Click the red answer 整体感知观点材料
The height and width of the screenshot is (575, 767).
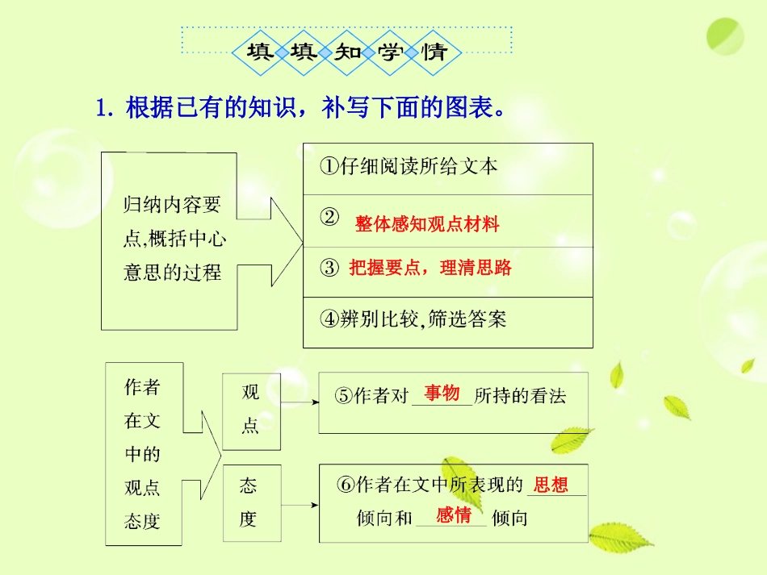coord(427,224)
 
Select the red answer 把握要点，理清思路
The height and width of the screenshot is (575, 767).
coord(430,268)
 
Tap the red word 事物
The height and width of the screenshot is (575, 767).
coord(442,393)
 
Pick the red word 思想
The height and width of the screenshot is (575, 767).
coord(551,484)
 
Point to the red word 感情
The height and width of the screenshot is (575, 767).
coord(454,515)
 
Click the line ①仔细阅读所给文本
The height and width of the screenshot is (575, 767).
coord(409,167)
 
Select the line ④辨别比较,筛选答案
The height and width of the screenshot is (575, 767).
coord(413,319)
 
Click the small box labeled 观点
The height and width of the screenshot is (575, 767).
coord(251,409)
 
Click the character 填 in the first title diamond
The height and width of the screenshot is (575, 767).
coord(259,53)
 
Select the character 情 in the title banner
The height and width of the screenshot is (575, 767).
coord(434,53)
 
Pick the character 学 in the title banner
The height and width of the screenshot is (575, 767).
coord(391,53)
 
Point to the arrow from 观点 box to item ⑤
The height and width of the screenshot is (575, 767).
coord(300,401)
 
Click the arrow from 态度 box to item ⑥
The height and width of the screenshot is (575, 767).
coord(300,506)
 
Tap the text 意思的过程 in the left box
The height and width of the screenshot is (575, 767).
coord(172,273)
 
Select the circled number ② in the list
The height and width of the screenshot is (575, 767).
coord(329,218)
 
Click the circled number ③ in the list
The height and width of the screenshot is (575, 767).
coord(329,268)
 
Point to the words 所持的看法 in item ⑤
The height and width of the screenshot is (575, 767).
coord(520,396)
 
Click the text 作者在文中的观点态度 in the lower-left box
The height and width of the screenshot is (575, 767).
coord(142,454)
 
